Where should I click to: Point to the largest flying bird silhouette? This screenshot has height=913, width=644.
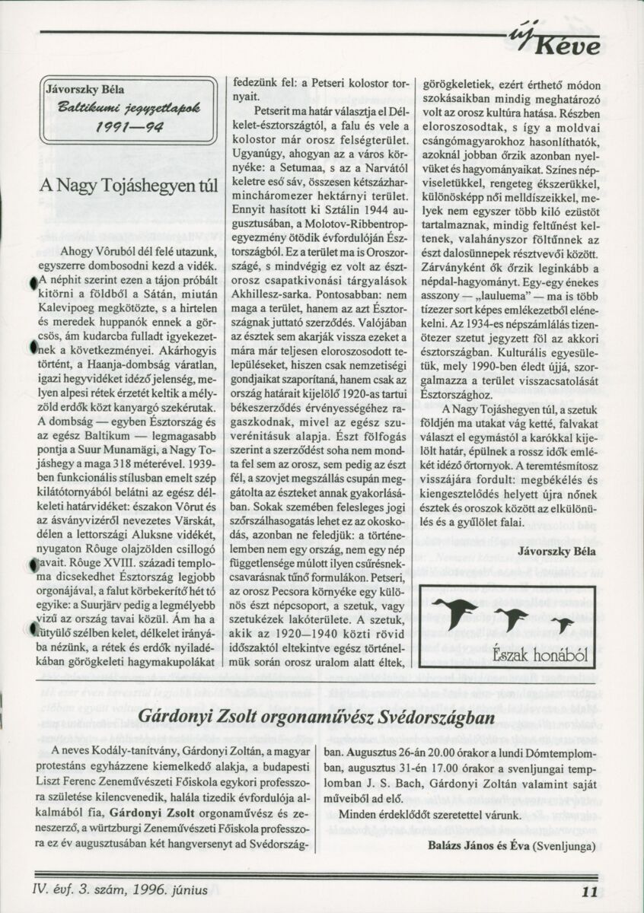(455, 609)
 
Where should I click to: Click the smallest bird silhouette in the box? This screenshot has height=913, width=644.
(563, 625)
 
